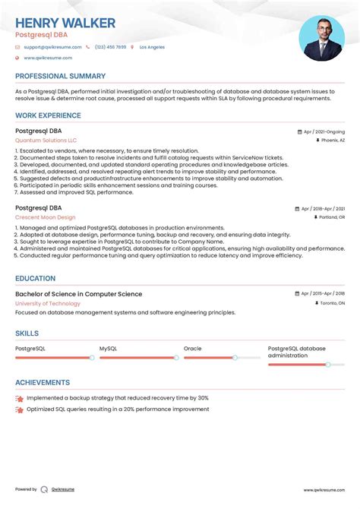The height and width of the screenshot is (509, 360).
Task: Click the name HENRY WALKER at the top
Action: (65, 23)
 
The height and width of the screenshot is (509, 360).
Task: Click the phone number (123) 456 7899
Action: (111, 47)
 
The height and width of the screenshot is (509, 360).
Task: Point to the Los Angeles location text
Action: (152, 47)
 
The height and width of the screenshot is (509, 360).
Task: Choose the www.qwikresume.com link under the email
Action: (48, 58)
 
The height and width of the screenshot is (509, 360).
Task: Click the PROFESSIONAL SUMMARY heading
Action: (60, 77)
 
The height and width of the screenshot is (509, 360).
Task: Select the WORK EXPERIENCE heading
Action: (48, 116)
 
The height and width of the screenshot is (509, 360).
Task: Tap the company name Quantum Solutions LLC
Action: (46, 141)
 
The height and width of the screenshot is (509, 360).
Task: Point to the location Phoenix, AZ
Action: (333, 141)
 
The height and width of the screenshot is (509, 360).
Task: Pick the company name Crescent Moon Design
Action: (45, 217)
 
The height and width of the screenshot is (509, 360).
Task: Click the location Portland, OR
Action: (331, 217)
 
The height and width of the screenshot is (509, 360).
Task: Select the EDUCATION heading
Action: (35, 279)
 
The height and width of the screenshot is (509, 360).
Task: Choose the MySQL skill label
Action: (108, 349)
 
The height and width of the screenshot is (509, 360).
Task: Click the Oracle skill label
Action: (193, 349)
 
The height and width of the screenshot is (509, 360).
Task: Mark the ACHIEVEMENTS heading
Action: (43, 383)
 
